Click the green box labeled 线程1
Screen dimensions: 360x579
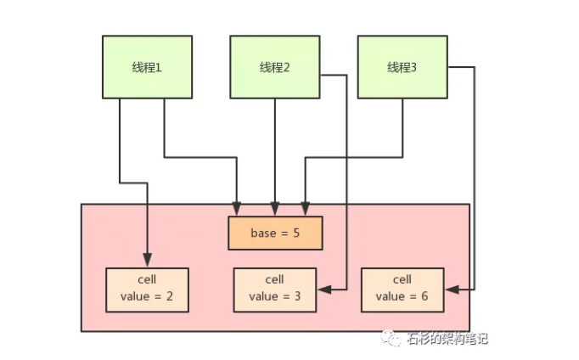pyautogui.click(x=147, y=67)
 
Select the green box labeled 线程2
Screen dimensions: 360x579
pyautogui.click(x=274, y=67)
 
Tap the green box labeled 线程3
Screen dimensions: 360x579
pyautogui.click(x=402, y=67)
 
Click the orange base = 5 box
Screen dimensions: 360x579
pyautogui.click(x=276, y=233)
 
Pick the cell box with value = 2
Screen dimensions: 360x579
pyautogui.click(x=147, y=289)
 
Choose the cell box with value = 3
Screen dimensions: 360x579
pyautogui.click(x=274, y=289)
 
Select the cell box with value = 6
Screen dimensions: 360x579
pyautogui.click(x=402, y=289)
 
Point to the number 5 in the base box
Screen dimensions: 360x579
pyautogui.click(x=297, y=233)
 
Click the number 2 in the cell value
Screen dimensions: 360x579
pyautogui.click(x=171, y=297)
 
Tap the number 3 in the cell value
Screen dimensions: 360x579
pyautogui.click(x=298, y=297)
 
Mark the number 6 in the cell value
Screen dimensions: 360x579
pyautogui.click(x=425, y=297)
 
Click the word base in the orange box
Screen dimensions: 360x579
pyautogui.click(x=263, y=233)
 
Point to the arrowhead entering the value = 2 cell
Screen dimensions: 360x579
pyautogui.click(x=147, y=262)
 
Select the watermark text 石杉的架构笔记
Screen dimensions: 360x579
pyautogui.click(x=447, y=339)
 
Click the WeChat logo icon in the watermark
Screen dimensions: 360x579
pyautogui.click(x=394, y=339)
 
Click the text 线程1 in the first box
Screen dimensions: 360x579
pyautogui.click(x=147, y=67)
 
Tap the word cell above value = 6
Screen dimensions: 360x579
pyautogui.click(x=402, y=279)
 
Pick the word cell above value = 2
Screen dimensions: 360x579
pyautogui.click(x=147, y=279)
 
